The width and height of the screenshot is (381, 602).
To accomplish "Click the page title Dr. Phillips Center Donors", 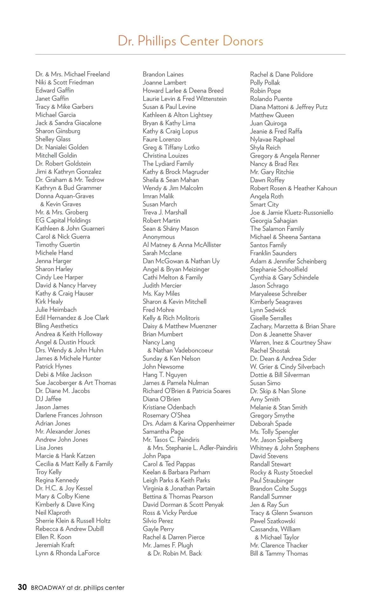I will pyautogui.click(x=190, y=41).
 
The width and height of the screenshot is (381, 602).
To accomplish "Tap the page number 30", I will pyautogui.click(x=22, y=587).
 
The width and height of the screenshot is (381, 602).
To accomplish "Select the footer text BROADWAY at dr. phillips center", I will pyautogui.click(x=77, y=588).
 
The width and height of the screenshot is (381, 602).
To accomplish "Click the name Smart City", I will pyautogui.click(x=264, y=205).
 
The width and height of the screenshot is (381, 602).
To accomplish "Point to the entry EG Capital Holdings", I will pyautogui.click(x=63, y=220).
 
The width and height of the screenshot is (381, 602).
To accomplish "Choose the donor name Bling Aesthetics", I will pyautogui.click(x=57, y=326).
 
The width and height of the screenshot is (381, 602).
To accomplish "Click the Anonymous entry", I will pyautogui.click(x=159, y=237).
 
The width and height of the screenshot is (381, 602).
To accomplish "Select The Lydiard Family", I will pyautogui.click(x=168, y=164).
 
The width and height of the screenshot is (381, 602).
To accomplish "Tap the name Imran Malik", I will pyautogui.click(x=158, y=196).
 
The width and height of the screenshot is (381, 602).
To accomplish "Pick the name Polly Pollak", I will pyautogui.click(x=265, y=83).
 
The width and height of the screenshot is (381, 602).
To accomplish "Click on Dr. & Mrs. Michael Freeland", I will pyautogui.click(x=72, y=74).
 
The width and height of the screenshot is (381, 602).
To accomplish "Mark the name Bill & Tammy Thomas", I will pyautogui.click(x=279, y=553).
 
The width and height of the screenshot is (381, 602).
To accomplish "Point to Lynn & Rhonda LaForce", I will pyautogui.click(x=67, y=553).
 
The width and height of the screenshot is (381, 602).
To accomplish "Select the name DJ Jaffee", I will pyautogui.click(x=48, y=399).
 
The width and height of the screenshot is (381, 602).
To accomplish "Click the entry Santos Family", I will pyautogui.click(x=268, y=245).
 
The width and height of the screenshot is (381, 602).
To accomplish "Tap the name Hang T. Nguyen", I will pyautogui.click(x=164, y=375).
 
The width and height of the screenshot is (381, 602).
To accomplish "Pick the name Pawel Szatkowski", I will pyautogui.click(x=272, y=521).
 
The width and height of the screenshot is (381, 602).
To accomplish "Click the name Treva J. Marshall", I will pyautogui.click(x=165, y=213).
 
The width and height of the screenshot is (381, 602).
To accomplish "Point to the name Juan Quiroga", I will pyautogui.click(x=268, y=123).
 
